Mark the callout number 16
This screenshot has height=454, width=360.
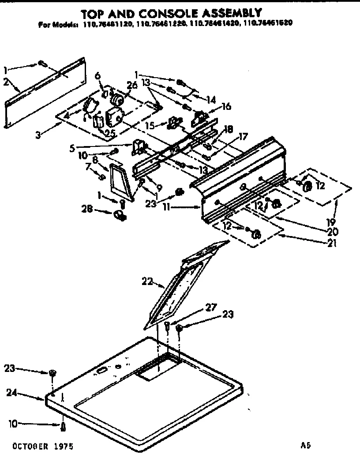pos(226,107)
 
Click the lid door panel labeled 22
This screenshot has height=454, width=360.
pos(181,287)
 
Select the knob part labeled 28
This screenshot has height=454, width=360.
pos(120,215)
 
